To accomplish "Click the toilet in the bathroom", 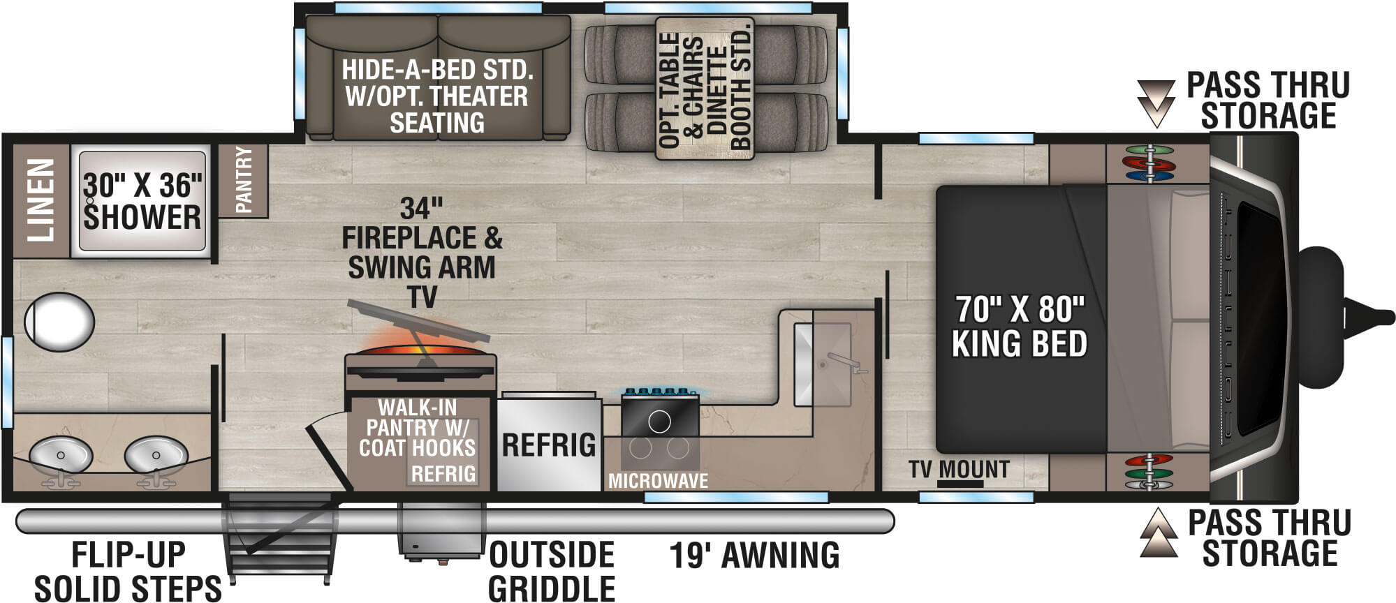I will pos(59,322).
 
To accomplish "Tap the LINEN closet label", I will pos(41,200).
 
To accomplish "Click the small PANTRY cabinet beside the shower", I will pos(243,180).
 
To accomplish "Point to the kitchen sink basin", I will pos(823,364).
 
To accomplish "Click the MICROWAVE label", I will pos(658,480).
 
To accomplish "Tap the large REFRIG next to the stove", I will pos(549,445).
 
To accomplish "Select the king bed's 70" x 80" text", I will pos(1020,308).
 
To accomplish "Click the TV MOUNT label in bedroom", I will pos(959,470).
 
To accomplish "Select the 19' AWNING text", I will pos(754,556).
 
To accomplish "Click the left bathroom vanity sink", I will pos(61,455).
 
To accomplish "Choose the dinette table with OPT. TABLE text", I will pos(705,89).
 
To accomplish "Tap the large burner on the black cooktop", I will pos(659,421).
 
